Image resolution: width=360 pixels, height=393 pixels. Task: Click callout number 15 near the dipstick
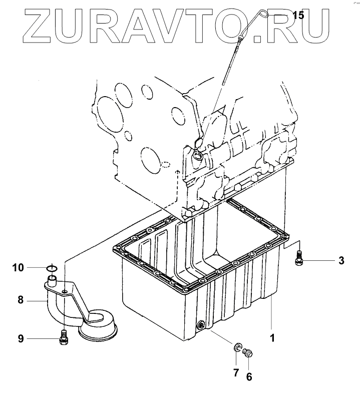(x=298, y=16)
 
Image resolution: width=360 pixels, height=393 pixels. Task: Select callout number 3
(x=341, y=260)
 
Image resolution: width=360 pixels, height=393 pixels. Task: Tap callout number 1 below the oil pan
(x=273, y=337)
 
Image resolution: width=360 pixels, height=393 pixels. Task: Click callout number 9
(x=21, y=339)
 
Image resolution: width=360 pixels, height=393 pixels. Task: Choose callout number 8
(x=21, y=300)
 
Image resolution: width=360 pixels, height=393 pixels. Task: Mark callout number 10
(x=19, y=268)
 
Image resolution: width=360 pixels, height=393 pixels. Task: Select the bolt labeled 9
(x=64, y=338)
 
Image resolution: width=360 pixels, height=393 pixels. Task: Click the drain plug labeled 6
(x=247, y=354)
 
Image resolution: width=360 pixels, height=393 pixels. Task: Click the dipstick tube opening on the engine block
(x=197, y=156)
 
